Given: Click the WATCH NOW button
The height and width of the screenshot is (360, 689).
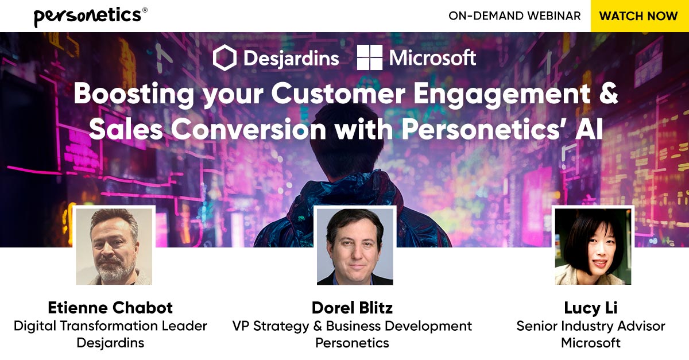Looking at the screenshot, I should pyautogui.click(x=639, y=16).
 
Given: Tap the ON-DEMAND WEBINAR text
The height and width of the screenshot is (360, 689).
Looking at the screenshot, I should pyautogui.click(x=514, y=16).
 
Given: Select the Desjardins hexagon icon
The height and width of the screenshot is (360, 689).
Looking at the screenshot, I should pyautogui.click(x=224, y=58).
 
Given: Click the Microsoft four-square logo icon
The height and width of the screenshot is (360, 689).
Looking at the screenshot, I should pyautogui.click(x=370, y=58).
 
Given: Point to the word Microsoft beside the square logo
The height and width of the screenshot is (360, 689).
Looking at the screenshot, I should pyautogui.click(x=432, y=58).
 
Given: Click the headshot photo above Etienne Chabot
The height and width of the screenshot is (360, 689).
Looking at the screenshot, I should pyautogui.click(x=115, y=246).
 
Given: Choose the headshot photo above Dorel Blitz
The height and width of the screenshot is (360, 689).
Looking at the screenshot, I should pyautogui.click(x=355, y=246).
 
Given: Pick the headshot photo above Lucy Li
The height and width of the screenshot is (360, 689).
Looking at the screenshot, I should pyautogui.click(x=593, y=246).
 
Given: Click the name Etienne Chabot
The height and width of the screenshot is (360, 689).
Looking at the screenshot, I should pyautogui.click(x=110, y=308).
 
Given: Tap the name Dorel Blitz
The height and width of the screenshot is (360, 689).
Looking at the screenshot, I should pyautogui.click(x=352, y=308).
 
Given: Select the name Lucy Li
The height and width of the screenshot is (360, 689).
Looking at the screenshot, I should pyautogui.click(x=591, y=308).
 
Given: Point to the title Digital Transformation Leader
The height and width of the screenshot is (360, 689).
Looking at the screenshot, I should pyautogui.click(x=110, y=326).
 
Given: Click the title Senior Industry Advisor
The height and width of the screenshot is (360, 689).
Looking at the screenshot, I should pyautogui.click(x=591, y=326).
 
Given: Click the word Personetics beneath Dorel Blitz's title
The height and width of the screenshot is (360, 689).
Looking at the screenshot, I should pyautogui.click(x=352, y=343).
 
